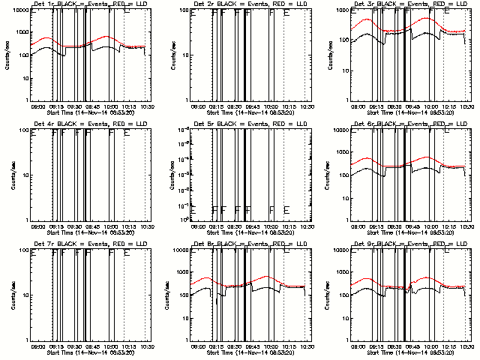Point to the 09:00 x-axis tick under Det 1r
click(x=37, y=106)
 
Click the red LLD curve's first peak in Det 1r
click(x=47, y=37)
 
